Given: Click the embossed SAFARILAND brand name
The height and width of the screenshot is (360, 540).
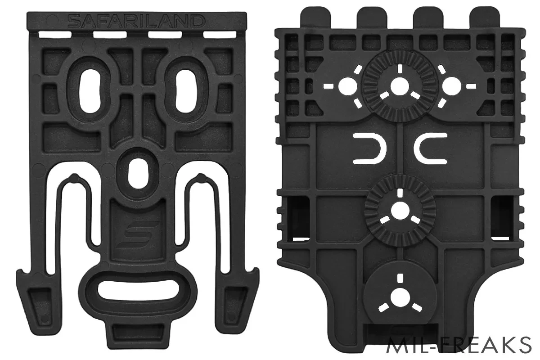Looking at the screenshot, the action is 136,21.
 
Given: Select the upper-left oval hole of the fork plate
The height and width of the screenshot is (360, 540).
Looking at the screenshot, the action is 90,91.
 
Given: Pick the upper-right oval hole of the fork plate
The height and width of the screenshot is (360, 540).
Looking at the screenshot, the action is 184,91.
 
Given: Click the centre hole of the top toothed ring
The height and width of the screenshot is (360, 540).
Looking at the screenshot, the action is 400,86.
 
